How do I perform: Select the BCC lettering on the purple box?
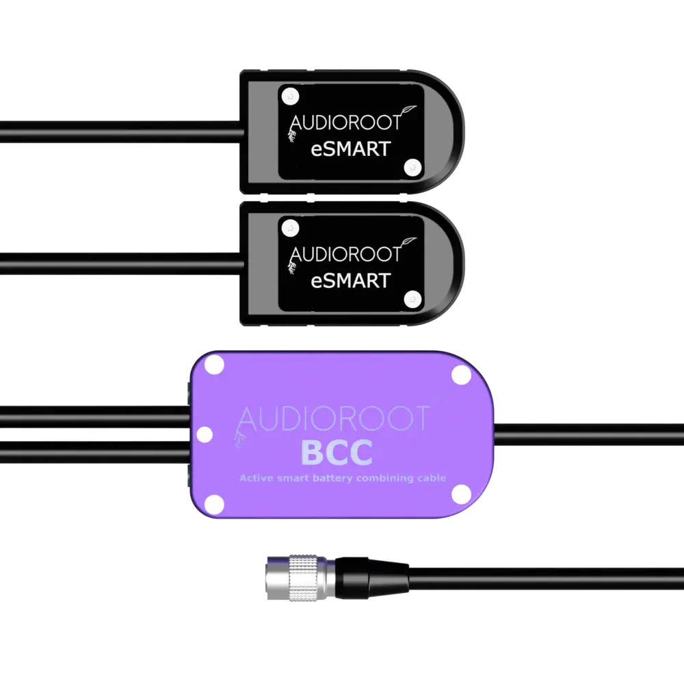pyautogui.click(x=337, y=452)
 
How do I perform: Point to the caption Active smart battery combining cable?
pyautogui.click(x=343, y=478)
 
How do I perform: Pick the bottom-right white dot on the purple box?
pyautogui.click(x=462, y=494)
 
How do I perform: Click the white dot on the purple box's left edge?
pyautogui.click(x=204, y=434)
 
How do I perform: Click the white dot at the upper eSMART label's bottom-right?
pyautogui.click(x=412, y=166)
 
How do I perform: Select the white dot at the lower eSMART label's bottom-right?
pyautogui.click(x=412, y=298)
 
